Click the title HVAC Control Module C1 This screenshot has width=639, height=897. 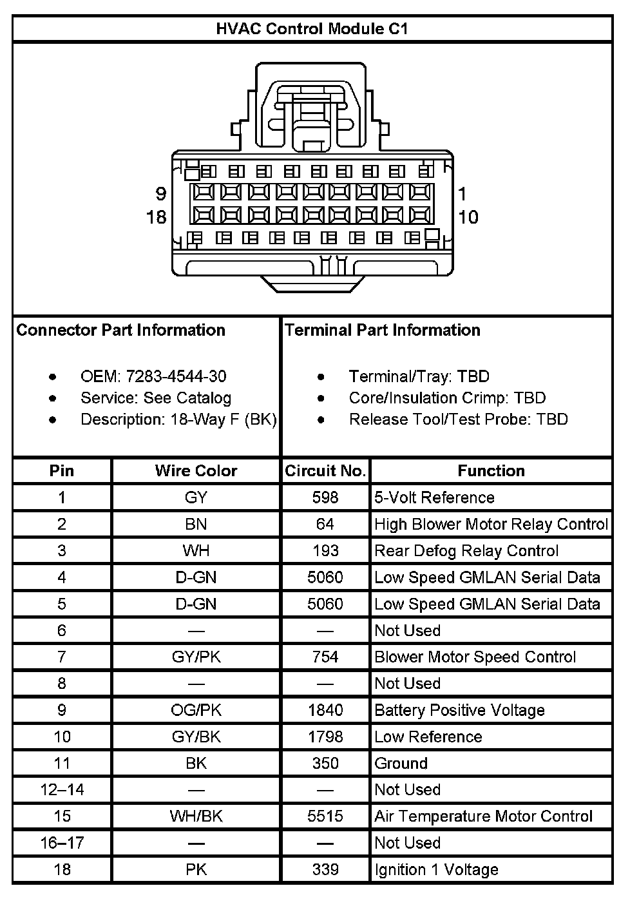point(312,29)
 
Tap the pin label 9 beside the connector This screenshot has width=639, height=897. point(160,193)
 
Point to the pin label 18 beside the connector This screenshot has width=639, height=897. point(157,217)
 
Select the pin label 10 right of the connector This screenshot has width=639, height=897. point(468,217)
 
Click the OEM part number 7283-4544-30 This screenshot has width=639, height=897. point(176,376)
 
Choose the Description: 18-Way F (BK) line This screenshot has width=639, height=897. point(178,420)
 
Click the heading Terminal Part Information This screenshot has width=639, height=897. point(383,331)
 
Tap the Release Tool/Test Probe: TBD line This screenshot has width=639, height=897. point(458,420)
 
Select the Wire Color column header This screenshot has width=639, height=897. point(196,471)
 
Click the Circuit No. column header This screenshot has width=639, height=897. point(325,471)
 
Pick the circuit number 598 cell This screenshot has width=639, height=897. point(325,497)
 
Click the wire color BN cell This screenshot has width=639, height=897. point(196,524)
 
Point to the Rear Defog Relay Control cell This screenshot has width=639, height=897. point(466,551)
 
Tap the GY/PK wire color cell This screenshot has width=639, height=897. point(196,657)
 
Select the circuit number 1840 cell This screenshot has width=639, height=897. point(325,710)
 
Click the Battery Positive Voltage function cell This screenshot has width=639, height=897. point(459,710)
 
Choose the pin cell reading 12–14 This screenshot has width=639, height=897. point(62,789)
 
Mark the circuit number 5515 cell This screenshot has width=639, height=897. point(325,816)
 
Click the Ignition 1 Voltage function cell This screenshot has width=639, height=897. point(436,869)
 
